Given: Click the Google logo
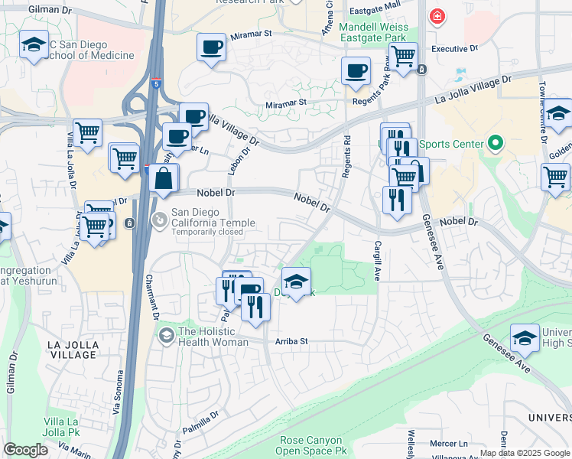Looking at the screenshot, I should pos(25,449).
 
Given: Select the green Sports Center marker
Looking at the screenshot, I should pos(495,144).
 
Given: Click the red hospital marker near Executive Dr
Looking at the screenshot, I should pos(437,17).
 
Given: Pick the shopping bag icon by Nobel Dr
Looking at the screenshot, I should pos(164,180).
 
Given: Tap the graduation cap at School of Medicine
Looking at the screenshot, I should pos(34,45).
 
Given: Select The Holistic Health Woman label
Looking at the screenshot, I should pos(213,337).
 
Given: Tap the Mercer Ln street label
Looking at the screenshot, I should pos(448,443).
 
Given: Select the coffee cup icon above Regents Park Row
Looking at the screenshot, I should pos(356,71).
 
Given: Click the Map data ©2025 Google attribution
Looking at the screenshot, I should pos(525,453).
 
